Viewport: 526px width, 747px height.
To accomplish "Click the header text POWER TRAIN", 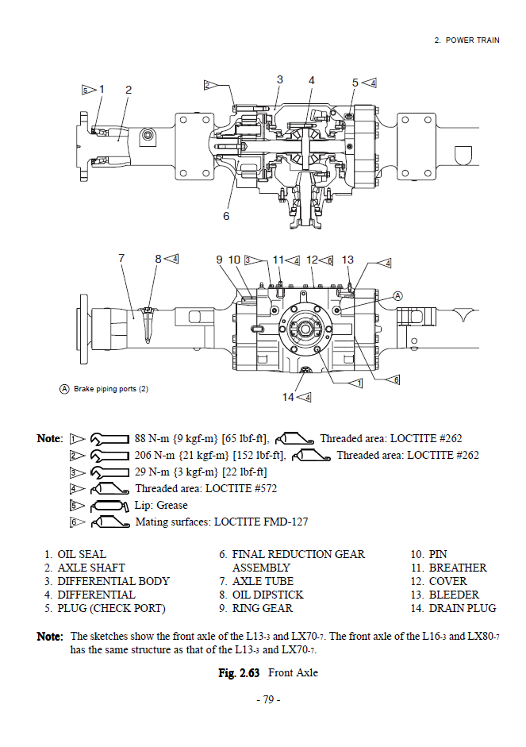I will point(472,40).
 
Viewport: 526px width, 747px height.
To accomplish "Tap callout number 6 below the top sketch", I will point(226,215).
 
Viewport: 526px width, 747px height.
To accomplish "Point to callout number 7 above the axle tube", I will point(121,258).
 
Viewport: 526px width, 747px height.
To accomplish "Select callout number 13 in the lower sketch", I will point(347,260).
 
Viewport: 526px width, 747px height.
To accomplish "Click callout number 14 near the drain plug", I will point(289,396).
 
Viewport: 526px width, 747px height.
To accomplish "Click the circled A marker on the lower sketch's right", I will point(398,296).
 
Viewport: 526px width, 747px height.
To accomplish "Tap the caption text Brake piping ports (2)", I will point(111,389).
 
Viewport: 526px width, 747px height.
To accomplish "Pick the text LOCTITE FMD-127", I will point(263,522).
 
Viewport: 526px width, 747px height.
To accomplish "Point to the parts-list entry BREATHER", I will point(458,568).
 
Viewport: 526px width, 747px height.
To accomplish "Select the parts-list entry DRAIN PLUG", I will point(463,608).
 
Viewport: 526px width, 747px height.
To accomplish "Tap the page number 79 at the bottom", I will point(268,700).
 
